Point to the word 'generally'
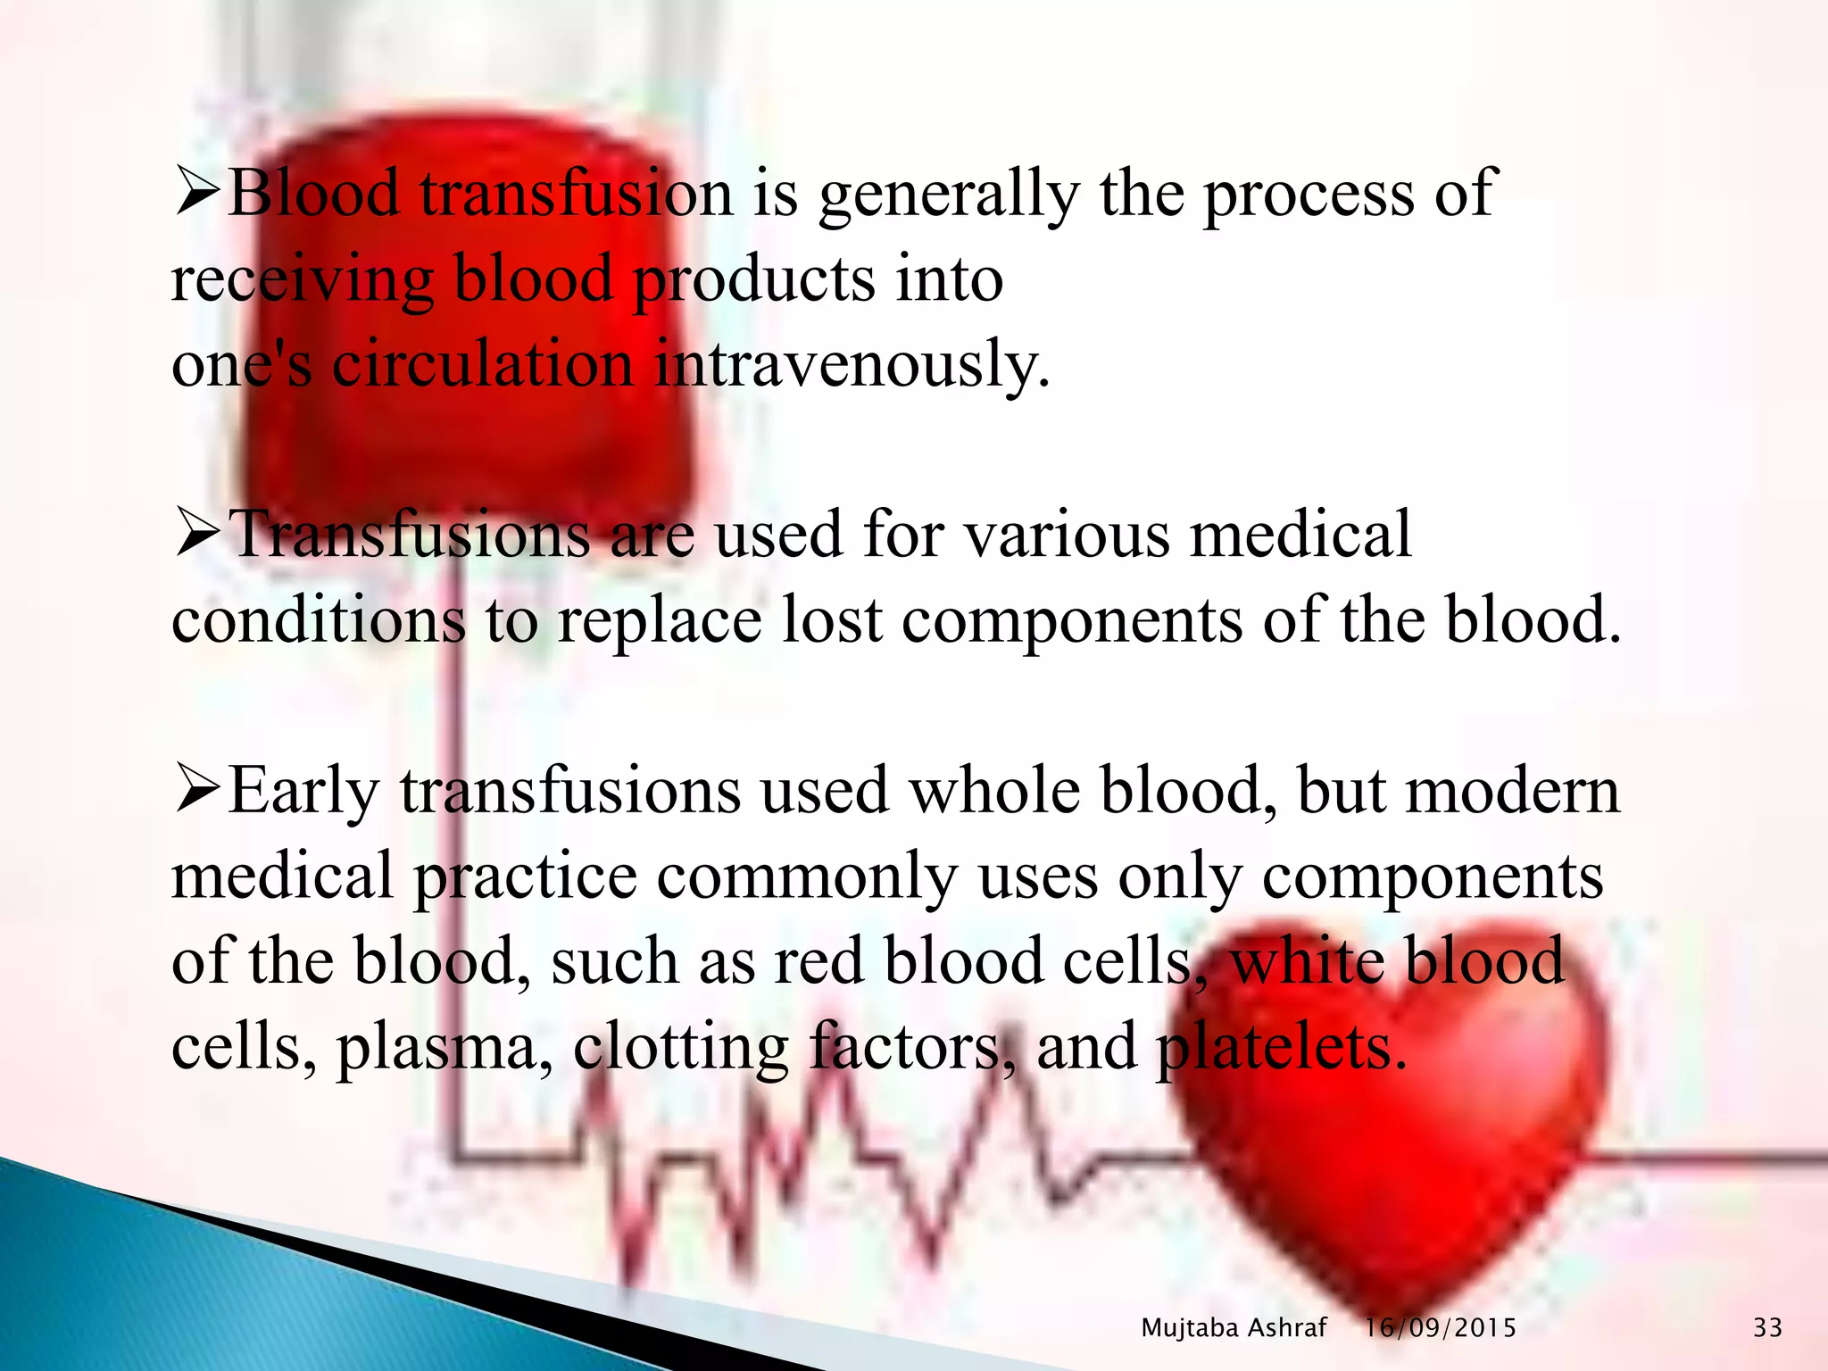(x=948, y=196)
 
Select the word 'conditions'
(x=318, y=620)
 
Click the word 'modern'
(x=1512, y=792)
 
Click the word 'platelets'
(x=1281, y=1047)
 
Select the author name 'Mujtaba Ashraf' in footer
(x=1234, y=1328)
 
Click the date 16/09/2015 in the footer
(x=1440, y=1328)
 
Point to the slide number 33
(x=1767, y=1328)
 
